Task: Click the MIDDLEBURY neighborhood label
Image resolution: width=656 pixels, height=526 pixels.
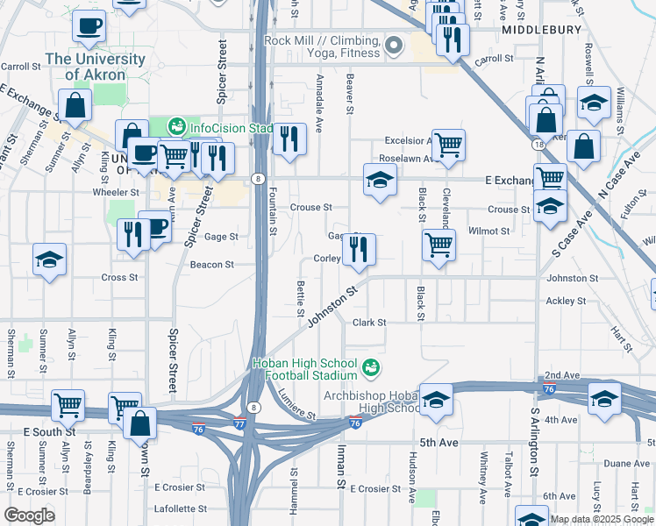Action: [x=542, y=29]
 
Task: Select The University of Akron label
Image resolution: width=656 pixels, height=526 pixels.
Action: [x=95, y=67]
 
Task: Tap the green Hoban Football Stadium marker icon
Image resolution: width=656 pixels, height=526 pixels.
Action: [x=371, y=366]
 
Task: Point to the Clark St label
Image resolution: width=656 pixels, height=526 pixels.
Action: [x=369, y=323]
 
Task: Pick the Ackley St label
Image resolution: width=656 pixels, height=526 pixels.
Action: [x=565, y=301]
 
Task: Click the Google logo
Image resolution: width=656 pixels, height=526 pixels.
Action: [x=29, y=515]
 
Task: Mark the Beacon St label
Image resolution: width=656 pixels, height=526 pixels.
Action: [x=211, y=264]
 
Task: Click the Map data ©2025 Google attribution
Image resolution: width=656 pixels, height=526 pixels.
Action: [x=601, y=519]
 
